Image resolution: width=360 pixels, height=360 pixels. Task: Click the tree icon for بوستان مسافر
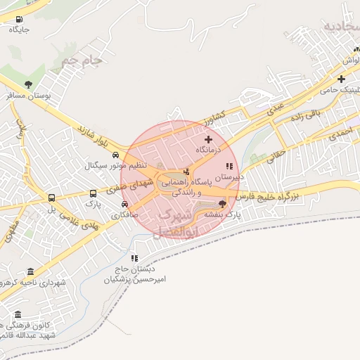click(x=27, y=85)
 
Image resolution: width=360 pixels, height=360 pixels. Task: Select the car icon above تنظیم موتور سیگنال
click(x=124, y=156)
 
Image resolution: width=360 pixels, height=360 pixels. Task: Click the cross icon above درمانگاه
click(x=208, y=139)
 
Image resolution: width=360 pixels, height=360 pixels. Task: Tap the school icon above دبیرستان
click(x=229, y=167)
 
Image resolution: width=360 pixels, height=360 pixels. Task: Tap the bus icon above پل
click(x=51, y=198)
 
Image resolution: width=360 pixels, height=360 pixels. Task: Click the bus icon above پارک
click(x=93, y=193)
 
